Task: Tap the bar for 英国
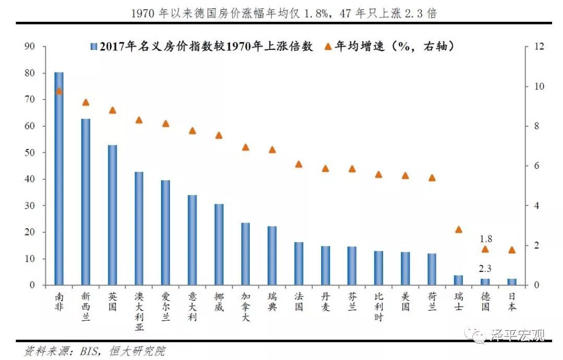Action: click(x=112, y=215)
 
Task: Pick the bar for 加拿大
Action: click(x=245, y=254)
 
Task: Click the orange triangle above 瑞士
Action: click(x=459, y=229)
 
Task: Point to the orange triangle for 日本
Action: click(x=512, y=250)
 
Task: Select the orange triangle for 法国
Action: click(x=299, y=164)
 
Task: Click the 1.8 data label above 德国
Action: click(x=485, y=239)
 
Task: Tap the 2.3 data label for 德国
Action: click(x=485, y=269)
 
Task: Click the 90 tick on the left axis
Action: click(x=30, y=46)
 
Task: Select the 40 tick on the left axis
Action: click(x=30, y=179)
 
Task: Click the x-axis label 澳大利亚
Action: click(x=139, y=312)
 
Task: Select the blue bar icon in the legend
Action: click(x=93, y=46)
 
